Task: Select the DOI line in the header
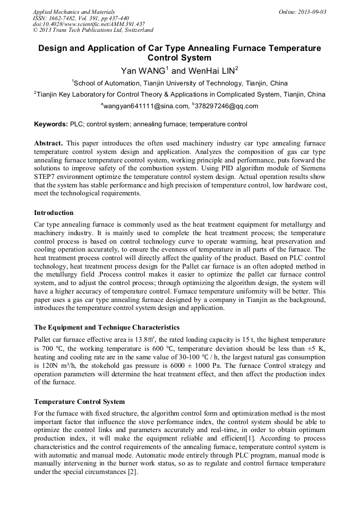[x=89, y=24]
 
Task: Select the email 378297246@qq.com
[x=227, y=106]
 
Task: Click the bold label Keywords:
[x=51, y=125]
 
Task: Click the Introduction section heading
[x=54, y=213]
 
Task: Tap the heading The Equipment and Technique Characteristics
[x=107, y=327]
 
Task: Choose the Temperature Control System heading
[x=80, y=401]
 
